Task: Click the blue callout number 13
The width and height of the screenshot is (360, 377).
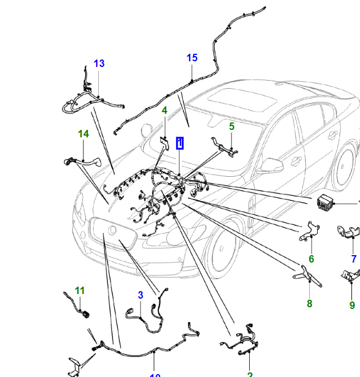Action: tap(99, 64)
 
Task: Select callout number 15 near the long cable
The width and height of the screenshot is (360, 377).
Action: tap(191, 58)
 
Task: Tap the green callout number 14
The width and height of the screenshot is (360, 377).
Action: tap(84, 134)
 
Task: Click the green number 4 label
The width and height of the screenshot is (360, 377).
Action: tap(165, 110)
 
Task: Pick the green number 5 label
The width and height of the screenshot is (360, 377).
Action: tap(231, 126)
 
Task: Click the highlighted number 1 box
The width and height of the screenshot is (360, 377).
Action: tap(180, 143)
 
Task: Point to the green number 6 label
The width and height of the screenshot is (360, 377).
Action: tap(311, 259)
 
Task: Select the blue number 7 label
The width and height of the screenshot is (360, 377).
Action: tap(354, 259)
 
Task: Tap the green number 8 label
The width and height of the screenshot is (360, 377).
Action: tap(309, 304)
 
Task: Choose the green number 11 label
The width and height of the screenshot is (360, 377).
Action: tap(79, 291)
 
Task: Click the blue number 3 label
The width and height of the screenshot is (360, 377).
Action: tap(140, 295)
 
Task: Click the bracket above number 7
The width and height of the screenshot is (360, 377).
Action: tap(348, 234)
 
